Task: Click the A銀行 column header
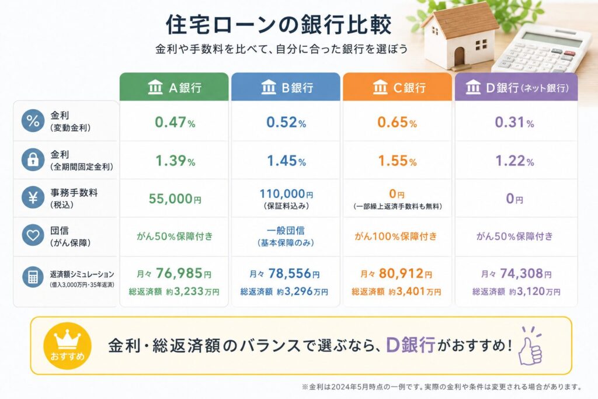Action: [174, 87]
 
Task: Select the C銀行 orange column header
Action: [397, 87]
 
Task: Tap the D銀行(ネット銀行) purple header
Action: [516, 87]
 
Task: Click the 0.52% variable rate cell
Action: [286, 122]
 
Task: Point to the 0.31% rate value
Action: [514, 122]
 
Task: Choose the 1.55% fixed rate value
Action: [397, 161]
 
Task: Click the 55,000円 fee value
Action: [175, 199]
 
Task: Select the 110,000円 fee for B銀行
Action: [286, 194]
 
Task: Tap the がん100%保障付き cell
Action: [396, 237]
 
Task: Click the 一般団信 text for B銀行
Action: [286, 230]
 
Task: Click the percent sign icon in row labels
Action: [33, 121]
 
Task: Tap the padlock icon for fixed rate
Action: [33, 159]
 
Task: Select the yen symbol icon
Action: [33, 197]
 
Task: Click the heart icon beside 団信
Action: [33, 235]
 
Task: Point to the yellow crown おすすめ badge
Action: [68, 346]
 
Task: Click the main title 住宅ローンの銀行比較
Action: [279, 25]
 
